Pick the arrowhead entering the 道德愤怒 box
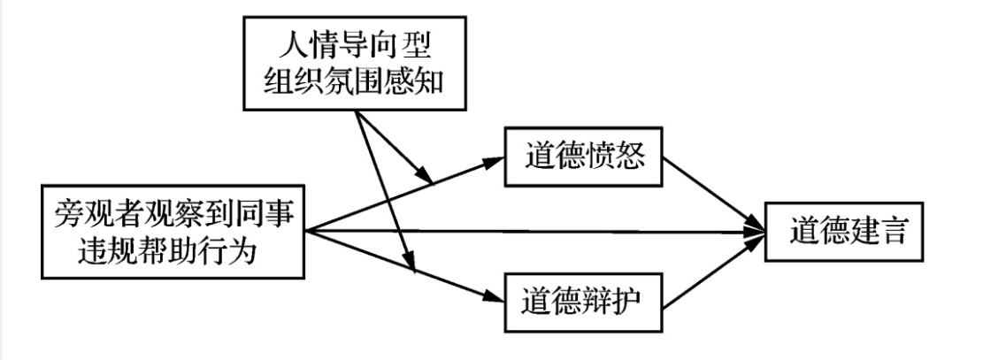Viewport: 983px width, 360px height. (x=495, y=160)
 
